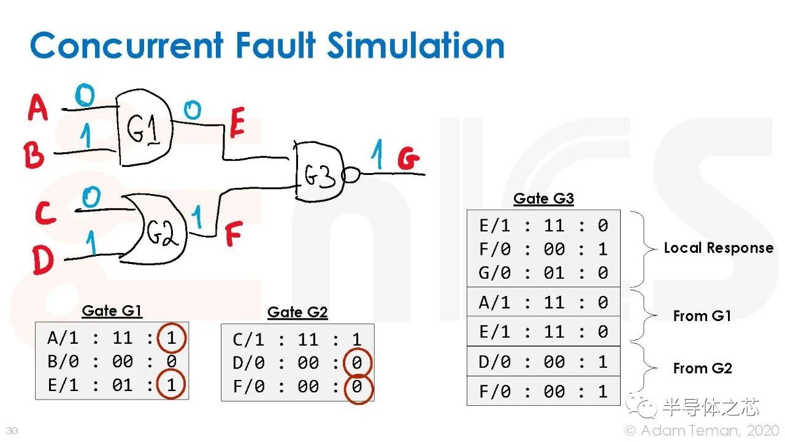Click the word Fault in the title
276,45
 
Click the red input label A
38,107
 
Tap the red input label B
34,155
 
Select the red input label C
45,213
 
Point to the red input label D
43,260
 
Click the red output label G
408,158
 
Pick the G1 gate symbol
144,127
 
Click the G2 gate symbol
154,229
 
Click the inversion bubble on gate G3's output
351,175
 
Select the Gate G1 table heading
112,311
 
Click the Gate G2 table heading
297,312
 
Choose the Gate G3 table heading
543,198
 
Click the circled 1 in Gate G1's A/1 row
171,338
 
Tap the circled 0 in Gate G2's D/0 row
357,363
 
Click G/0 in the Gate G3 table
494,273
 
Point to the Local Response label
719,248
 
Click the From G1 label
702,316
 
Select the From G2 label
703,368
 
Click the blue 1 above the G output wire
377,154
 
